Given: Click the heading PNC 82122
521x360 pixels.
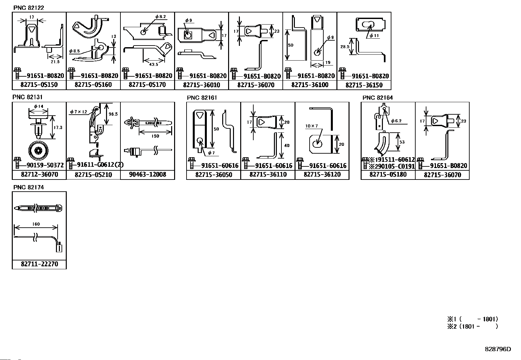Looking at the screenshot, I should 28,8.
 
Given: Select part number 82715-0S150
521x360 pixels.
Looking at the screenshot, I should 39,85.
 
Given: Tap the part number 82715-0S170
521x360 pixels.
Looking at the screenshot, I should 147,85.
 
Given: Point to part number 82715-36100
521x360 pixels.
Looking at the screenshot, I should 310,85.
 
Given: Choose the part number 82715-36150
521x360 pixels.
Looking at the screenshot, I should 364,85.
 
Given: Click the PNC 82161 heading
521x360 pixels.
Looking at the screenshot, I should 202,98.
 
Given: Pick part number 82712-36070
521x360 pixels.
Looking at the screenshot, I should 39,175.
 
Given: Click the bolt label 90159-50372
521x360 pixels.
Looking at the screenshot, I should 43,165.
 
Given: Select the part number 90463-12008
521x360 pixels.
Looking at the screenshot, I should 147,175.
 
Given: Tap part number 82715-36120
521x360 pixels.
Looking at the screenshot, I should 322,175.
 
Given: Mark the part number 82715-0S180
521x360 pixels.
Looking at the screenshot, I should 388,175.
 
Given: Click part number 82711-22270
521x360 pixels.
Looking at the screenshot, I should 39,264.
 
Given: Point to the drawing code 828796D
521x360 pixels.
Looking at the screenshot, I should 497,349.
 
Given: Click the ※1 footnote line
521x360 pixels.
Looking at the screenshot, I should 473,319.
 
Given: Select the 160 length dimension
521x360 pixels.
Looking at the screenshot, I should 36,224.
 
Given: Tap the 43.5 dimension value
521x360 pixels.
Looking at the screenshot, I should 153,64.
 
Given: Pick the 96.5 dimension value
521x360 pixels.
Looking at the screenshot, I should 113,114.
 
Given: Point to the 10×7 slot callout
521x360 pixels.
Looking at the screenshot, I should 312,126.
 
